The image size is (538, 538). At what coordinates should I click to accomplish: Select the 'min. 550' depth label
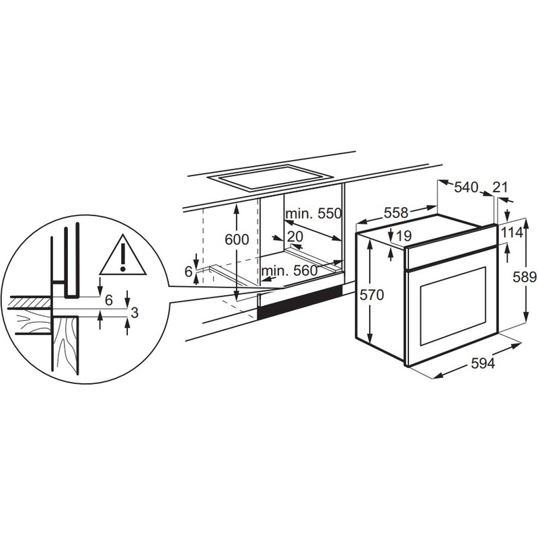coord(313,214)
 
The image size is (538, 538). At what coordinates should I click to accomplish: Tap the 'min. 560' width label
coord(289,271)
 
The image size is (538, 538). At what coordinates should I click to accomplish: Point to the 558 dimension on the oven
coord(395,213)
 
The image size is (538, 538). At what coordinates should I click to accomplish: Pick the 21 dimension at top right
coord(500,188)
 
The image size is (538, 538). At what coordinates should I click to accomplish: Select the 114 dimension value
coord(513,233)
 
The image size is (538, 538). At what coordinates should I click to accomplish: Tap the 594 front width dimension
coord(482,364)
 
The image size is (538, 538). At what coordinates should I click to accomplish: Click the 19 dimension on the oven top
coord(404,236)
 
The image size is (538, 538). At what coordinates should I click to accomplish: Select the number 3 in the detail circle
coord(134,312)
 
